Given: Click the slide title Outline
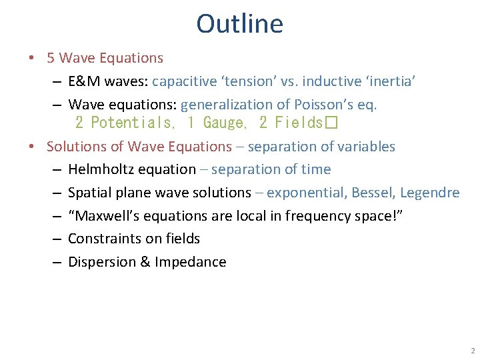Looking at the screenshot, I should (239, 24).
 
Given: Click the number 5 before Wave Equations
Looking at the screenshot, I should (51, 58).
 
